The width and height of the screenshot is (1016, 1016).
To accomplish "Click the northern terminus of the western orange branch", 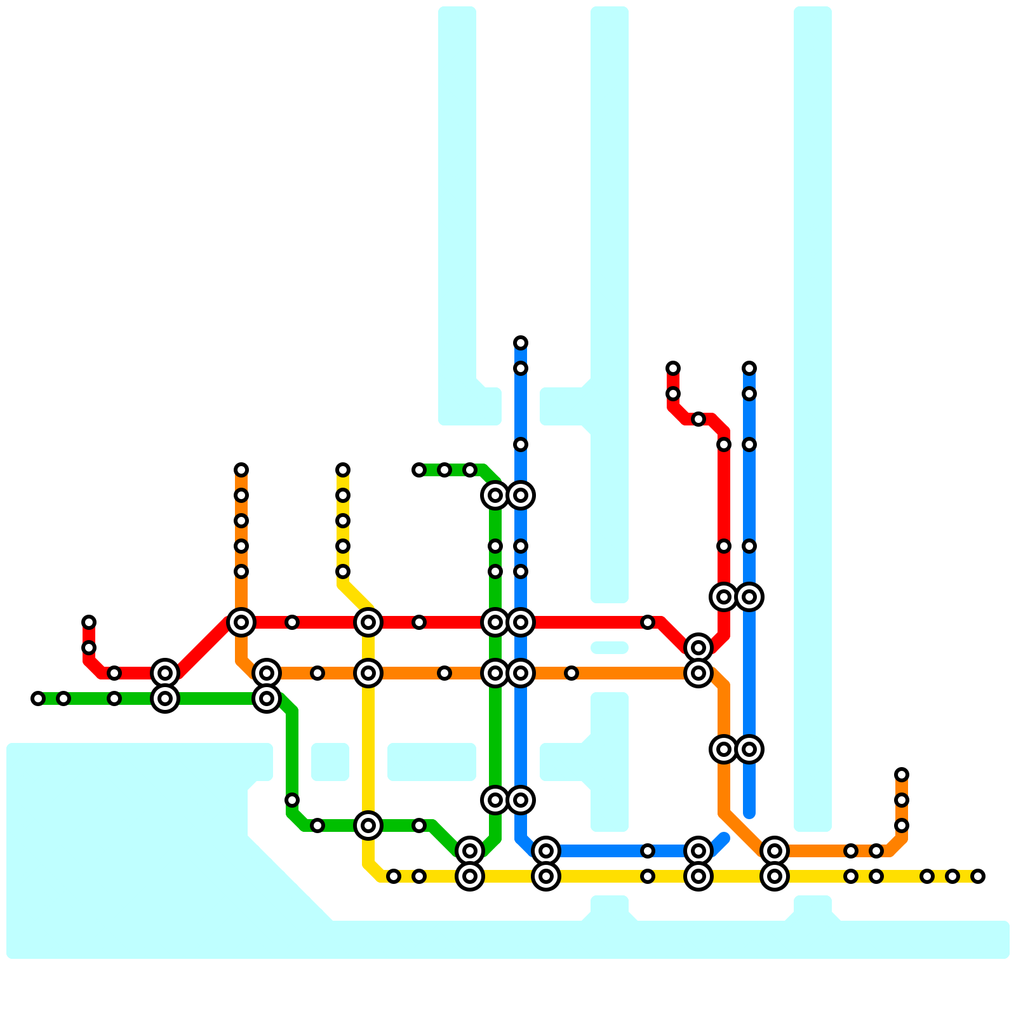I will [241, 470].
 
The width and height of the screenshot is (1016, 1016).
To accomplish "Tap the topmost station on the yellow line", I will [343, 470].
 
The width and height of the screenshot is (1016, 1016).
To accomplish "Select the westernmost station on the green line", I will [38, 698].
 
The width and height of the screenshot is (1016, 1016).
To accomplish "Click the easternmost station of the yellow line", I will [978, 876].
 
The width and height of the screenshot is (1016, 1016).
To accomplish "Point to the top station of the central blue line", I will [521, 343].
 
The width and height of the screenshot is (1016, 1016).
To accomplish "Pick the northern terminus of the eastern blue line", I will [749, 368].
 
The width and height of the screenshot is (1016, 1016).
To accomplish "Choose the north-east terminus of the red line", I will [673, 368].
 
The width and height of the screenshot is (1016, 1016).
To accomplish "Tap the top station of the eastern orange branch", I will [902, 775].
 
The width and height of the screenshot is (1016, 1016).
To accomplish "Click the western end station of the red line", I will [89, 622].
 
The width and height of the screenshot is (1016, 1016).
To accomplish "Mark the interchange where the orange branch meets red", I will [241, 622].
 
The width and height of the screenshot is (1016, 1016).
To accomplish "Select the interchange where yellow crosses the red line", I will [368, 622].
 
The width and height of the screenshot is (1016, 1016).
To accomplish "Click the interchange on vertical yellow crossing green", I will [368, 825].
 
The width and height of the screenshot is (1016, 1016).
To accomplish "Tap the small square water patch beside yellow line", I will [330, 762].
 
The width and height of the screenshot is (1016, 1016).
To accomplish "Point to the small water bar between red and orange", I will [610, 648].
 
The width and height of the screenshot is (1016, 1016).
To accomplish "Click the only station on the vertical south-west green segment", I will [292, 800].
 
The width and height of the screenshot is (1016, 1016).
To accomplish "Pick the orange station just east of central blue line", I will [571, 673].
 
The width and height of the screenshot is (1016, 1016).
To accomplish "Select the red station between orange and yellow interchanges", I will [292, 622].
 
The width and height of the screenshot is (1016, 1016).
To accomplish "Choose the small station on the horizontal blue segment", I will [648, 851].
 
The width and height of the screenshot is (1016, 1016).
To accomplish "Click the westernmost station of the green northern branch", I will [419, 470].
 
